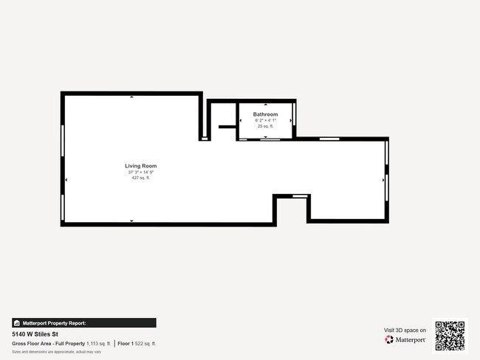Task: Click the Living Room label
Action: click(x=140, y=166)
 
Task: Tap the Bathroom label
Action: click(x=265, y=114)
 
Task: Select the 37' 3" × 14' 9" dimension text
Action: click(x=140, y=172)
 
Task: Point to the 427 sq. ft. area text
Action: click(x=140, y=178)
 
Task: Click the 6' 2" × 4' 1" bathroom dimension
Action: click(x=265, y=120)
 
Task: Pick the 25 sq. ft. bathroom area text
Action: click(x=265, y=126)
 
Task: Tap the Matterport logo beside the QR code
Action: click(x=405, y=340)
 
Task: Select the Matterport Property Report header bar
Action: click(x=84, y=322)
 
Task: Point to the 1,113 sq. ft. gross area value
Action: click(x=98, y=344)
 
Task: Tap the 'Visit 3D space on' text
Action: click(x=405, y=330)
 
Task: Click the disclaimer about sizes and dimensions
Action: click(x=56, y=352)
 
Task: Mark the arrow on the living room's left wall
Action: click(x=66, y=179)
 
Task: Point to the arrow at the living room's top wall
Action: click(x=132, y=96)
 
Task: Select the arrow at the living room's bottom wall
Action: click(x=132, y=221)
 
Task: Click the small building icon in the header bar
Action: click(x=17, y=322)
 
